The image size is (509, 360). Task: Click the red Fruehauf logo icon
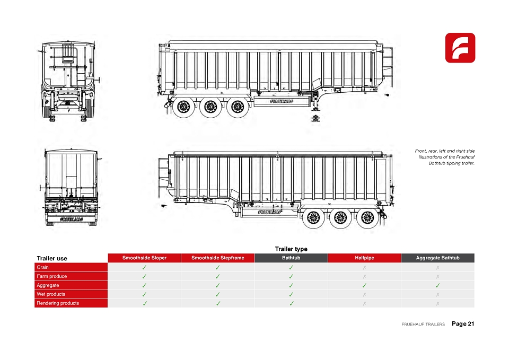460,48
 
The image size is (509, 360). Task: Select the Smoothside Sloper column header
144,258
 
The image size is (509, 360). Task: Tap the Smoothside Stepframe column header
218,258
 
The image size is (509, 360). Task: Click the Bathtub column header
291,258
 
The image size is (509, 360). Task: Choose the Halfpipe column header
364,258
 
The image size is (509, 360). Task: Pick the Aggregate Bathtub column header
437,258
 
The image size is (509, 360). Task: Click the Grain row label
42,267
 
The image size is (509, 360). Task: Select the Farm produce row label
51,276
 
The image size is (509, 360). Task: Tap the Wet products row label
51,294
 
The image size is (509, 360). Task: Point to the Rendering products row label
58,303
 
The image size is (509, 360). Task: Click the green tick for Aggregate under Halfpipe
364,285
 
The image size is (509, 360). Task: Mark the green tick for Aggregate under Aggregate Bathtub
437,285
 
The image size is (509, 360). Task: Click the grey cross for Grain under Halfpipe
364,268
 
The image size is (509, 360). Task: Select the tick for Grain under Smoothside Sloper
144,268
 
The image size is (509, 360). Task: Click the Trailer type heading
291,249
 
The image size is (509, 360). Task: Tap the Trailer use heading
52,258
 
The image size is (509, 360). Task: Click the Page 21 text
463,323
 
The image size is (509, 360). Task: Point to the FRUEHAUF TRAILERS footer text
423,324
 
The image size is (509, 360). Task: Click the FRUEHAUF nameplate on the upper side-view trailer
282,101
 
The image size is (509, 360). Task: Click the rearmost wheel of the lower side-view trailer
367,217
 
